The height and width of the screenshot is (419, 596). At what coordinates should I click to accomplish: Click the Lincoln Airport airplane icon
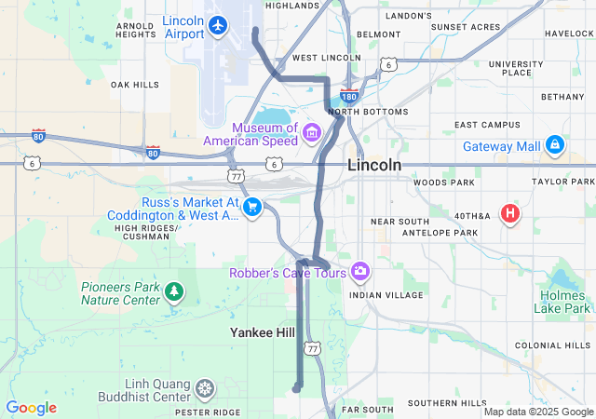click(218, 25)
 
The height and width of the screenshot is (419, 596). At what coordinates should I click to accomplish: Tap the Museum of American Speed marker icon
click(310, 134)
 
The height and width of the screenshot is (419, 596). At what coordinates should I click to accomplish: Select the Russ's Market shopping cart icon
click(251, 208)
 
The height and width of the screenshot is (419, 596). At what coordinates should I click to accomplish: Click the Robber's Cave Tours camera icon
click(359, 272)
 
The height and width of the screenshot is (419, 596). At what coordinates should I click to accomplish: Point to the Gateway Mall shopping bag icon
click(555, 144)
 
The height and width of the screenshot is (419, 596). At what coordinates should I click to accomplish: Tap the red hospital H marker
click(509, 214)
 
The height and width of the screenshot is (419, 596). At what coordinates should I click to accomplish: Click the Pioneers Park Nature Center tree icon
click(173, 292)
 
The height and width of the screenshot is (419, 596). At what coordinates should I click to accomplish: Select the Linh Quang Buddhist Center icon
click(204, 386)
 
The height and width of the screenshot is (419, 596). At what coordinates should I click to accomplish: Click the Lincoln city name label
click(374, 165)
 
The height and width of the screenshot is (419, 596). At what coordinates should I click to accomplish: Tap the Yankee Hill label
click(264, 331)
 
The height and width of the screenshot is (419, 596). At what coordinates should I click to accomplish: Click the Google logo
click(31, 408)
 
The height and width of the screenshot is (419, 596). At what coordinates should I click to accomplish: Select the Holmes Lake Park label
click(563, 302)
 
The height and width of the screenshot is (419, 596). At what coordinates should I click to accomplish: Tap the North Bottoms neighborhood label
click(369, 112)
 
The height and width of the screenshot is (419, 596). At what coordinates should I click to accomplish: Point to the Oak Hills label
click(135, 84)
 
